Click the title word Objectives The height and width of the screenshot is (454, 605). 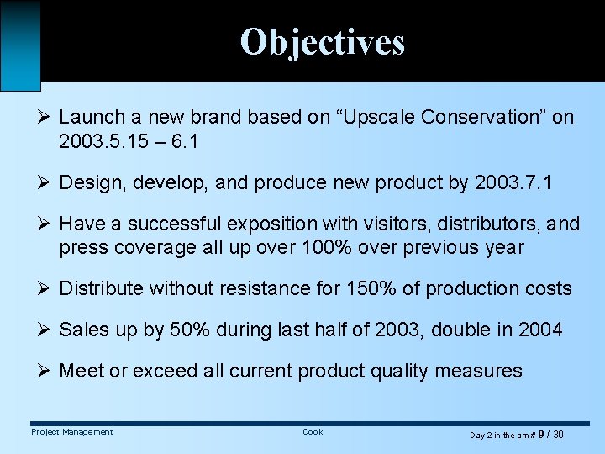click(322, 41)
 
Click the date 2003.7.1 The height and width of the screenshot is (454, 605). click(513, 182)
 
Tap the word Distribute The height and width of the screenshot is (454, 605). click(101, 288)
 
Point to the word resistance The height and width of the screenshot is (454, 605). click(268, 288)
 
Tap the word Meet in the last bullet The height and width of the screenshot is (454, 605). click(82, 371)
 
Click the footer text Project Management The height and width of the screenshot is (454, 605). click(71, 432)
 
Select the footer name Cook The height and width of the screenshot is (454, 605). click(313, 432)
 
